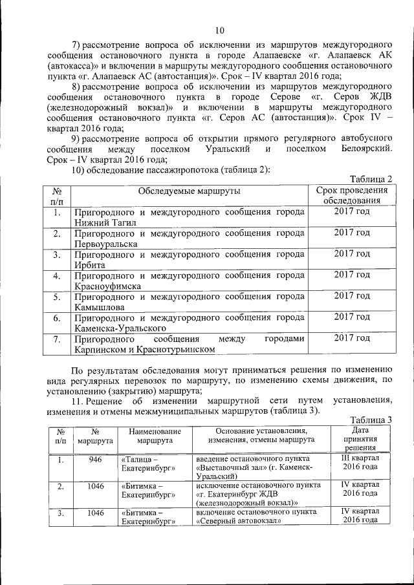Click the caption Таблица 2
(x=371, y=179)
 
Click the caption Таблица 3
(x=371, y=420)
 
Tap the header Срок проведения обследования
(x=352, y=196)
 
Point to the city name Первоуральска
(x=105, y=244)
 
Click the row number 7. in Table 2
(x=57, y=339)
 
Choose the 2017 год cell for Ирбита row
(x=352, y=253)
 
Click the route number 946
(x=95, y=460)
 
